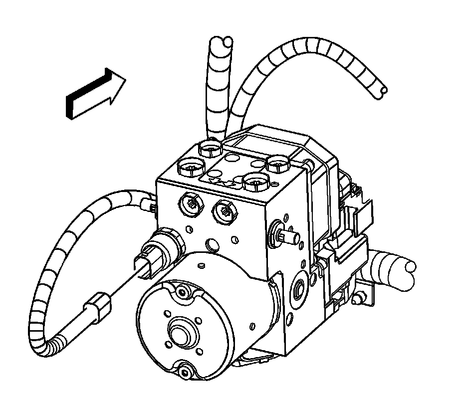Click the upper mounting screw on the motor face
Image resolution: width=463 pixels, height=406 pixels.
click(x=181, y=292)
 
